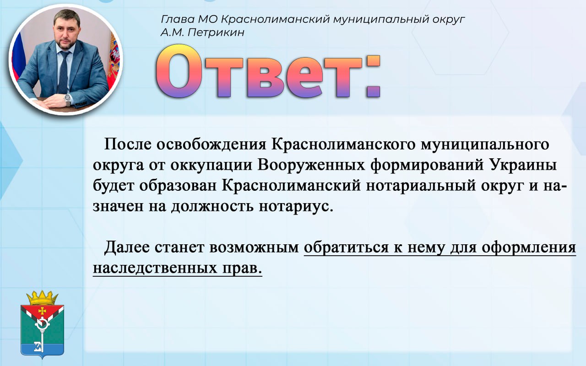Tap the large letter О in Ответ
coord(179,71)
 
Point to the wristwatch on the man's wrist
coord(68,99)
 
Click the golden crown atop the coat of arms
coord(42,298)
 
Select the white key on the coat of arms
coord(41,332)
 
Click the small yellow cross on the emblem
coord(42,311)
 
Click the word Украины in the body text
coord(523,165)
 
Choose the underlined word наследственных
coord(155,268)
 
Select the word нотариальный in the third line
coord(421,186)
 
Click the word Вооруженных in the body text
coord(311,166)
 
